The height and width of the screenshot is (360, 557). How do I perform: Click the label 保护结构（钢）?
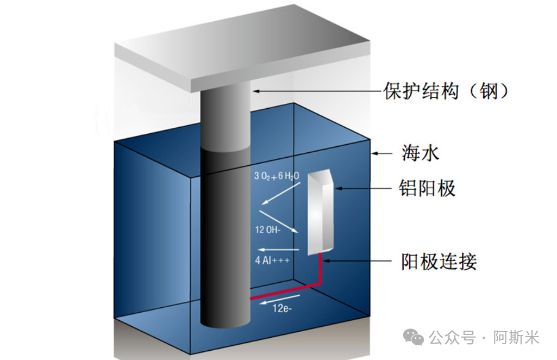(447, 91)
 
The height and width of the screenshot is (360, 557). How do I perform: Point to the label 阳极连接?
(439, 262)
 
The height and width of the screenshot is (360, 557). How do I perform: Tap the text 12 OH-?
(267, 229)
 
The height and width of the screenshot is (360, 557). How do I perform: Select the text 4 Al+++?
(272, 260)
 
